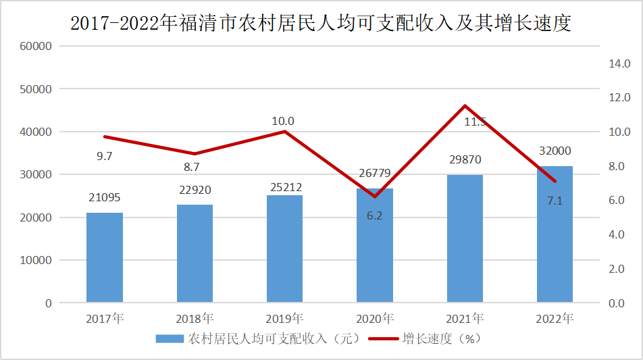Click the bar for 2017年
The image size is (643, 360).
[x=105, y=257]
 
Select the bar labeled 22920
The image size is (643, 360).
[x=195, y=253]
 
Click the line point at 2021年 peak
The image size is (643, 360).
[x=465, y=105]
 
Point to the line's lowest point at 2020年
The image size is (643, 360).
[x=375, y=197]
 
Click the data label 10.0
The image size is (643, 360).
[x=283, y=122]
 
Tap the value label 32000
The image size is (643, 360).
[x=555, y=151]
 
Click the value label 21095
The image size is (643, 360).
[x=105, y=197]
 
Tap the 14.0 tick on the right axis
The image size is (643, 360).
[x=619, y=63]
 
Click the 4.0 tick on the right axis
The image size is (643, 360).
[x=619, y=234]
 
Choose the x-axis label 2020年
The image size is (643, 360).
[x=375, y=318]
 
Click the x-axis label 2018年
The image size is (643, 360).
[x=195, y=318]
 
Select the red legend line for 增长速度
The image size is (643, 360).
[x=383, y=338]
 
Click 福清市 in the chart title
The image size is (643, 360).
[x=214, y=24]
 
